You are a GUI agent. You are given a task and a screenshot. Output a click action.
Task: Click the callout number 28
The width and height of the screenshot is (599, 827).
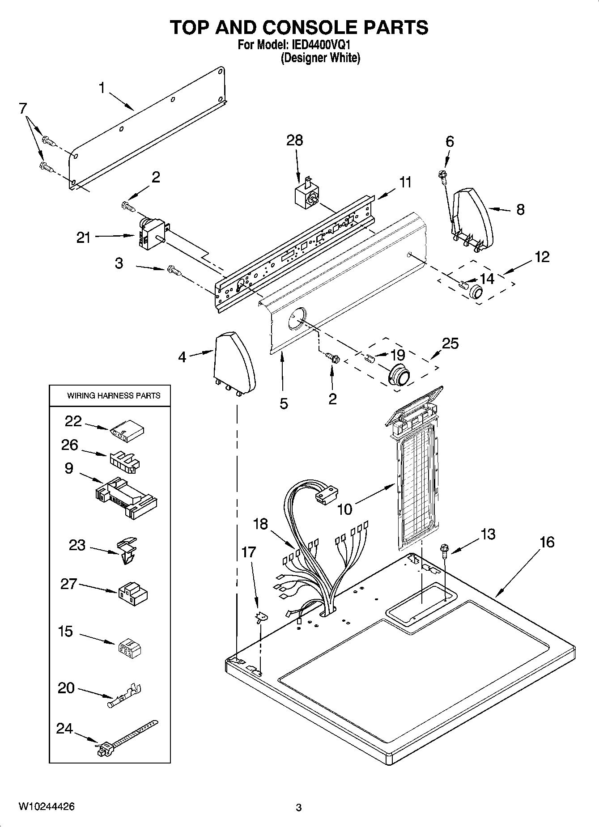coord(295,140)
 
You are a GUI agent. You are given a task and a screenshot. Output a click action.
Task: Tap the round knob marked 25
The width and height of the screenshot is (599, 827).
coord(399,374)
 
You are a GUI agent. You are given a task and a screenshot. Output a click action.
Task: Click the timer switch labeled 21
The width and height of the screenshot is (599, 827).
coord(151,232)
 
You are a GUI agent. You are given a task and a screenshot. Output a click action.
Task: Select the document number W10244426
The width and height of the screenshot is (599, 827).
coord(47,807)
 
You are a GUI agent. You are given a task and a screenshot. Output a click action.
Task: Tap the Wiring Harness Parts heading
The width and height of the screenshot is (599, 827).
coord(113,395)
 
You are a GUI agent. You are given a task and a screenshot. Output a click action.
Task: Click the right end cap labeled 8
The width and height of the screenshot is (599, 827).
coord(472,218)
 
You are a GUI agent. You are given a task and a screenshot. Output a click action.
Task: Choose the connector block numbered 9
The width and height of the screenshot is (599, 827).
coord(126,497)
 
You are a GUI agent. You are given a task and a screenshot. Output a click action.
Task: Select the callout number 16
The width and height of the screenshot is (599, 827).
coord(547,542)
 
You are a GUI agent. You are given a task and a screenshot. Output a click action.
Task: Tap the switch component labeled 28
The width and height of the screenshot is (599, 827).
coord(307,195)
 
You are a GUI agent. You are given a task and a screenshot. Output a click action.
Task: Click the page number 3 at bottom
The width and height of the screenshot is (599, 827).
coord(299,808)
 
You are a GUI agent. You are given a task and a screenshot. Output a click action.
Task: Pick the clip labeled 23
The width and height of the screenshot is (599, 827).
coord(127,551)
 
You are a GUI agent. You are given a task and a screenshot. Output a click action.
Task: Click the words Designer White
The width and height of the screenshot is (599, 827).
coord(320,58)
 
